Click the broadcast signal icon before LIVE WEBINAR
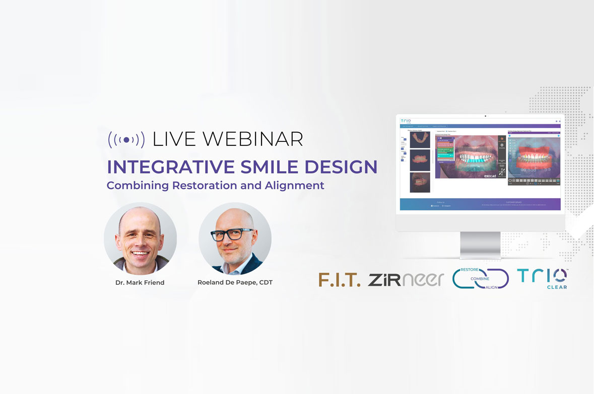pyautogui.click(x=126, y=139)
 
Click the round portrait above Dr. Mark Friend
pyautogui.click(x=140, y=239)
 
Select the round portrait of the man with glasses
pyautogui.click(x=235, y=239)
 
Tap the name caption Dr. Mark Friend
pyautogui.click(x=140, y=282)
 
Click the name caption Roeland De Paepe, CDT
pyautogui.click(x=235, y=282)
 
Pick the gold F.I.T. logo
pyautogui.click(x=339, y=280)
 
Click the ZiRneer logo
pyautogui.click(x=406, y=280)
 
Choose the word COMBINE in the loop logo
pyautogui.click(x=480, y=278)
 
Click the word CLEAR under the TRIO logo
pyautogui.click(x=556, y=287)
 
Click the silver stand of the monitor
pyautogui.click(x=480, y=246)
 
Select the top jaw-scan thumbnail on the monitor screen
pyautogui.click(x=420, y=139)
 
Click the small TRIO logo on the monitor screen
pyautogui.click(x=406, y=121)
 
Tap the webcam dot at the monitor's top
pyautogui.click(x=485, y=116)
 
